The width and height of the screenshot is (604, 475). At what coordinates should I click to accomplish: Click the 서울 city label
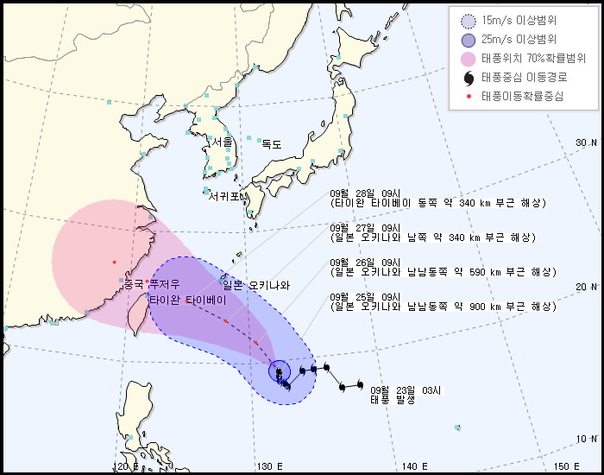click(223, 142)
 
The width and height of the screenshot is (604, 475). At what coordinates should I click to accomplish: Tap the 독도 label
click(272, 144)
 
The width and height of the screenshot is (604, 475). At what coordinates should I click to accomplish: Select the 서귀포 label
click(223, 196)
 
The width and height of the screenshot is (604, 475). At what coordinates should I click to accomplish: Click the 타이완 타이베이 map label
click(187, 300)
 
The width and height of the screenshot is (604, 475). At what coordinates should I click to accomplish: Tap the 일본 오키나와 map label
click(256, 286)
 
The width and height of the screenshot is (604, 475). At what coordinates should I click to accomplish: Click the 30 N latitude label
click(587, 142)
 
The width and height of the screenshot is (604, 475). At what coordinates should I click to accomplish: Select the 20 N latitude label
click(588, 287)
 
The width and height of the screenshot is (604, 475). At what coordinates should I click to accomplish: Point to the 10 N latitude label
click(588, 439)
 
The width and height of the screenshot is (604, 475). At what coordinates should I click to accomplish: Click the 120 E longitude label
click(125, 466)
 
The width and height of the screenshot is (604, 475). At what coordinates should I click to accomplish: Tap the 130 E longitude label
click(270, 466)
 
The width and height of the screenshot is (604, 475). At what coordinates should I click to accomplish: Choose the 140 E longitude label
click(416, 466)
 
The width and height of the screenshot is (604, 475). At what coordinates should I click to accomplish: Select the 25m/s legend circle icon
click(469, 40)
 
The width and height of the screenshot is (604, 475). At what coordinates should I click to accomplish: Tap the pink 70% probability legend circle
click(469, 59)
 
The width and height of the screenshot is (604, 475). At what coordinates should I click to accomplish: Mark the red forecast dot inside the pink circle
click(113, 261)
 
